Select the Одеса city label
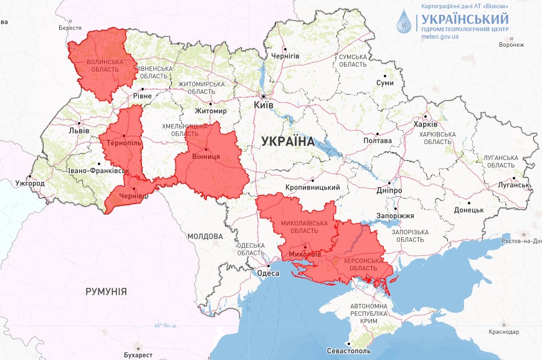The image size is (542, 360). tap(268, 272)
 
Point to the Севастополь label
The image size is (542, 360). tap(349, 351)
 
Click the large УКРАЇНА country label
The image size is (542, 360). tap(288, 141)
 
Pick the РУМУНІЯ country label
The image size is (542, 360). tap(106, 291)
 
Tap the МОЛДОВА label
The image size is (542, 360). tap(205, 237)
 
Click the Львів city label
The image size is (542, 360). tap(79, 131)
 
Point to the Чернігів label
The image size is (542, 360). tap(285, 56)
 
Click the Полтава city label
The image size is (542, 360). tap(378, 141)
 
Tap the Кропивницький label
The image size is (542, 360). tap(312, 187)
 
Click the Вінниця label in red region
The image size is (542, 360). tap(206, 156)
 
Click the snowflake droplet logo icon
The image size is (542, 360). tap(406, 22)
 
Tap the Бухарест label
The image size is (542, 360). tap(138, 355)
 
